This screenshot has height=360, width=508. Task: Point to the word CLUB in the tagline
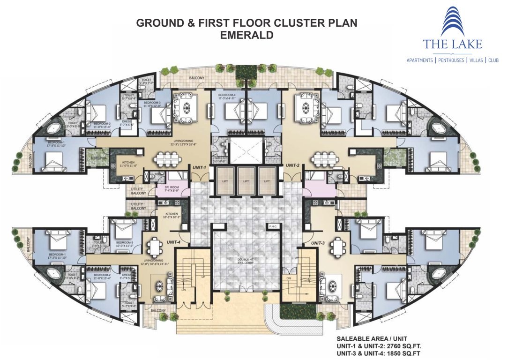click(493, 60)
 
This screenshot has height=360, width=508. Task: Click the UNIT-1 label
click(200, 167)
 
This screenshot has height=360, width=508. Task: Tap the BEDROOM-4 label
click(227, 97)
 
